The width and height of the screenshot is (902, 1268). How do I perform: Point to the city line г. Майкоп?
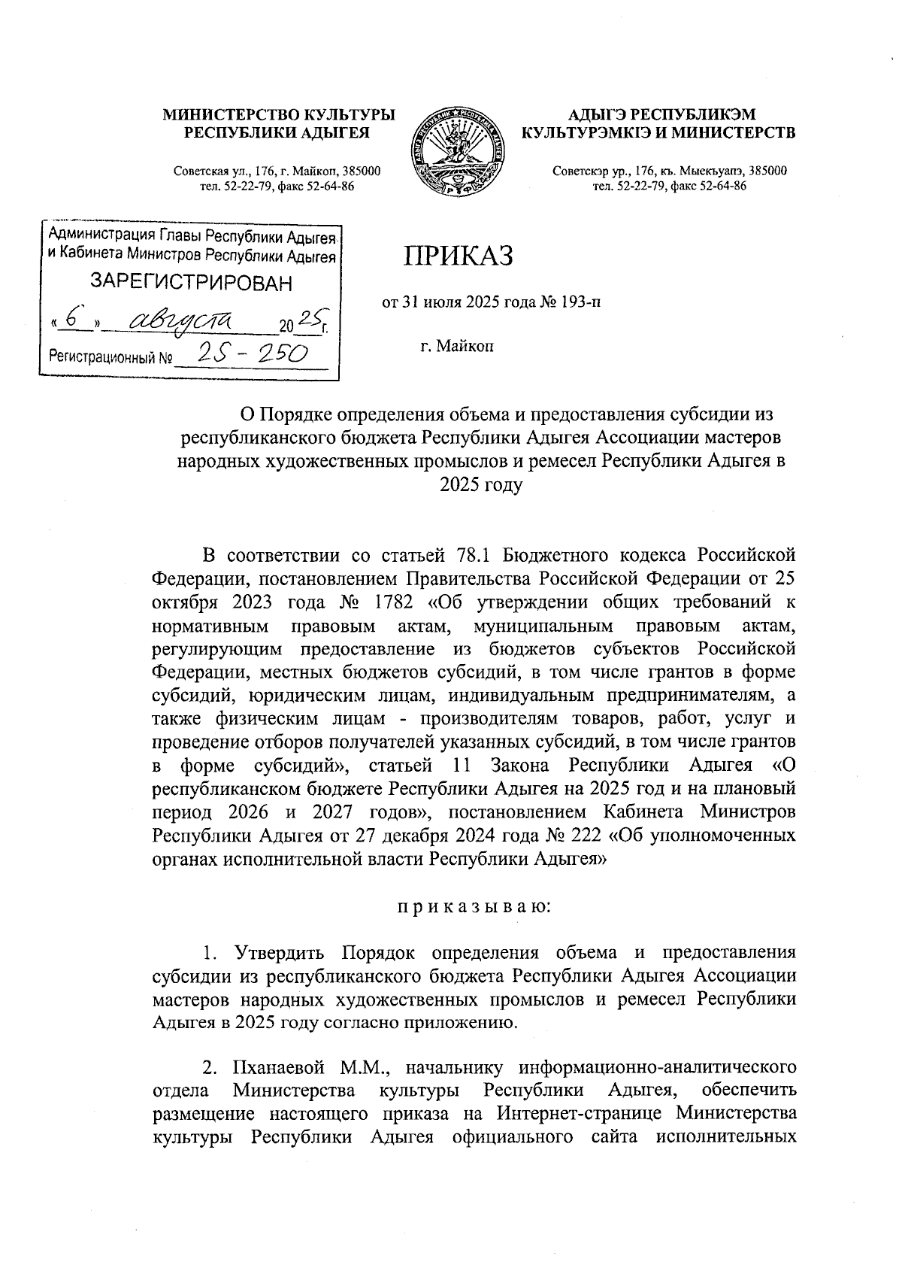point(457,347)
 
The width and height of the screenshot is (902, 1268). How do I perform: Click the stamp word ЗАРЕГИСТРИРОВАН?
point(191,284)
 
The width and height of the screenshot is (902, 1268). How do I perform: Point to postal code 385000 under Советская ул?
point(359,171)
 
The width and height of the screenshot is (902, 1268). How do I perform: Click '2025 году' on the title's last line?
point(480,485)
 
